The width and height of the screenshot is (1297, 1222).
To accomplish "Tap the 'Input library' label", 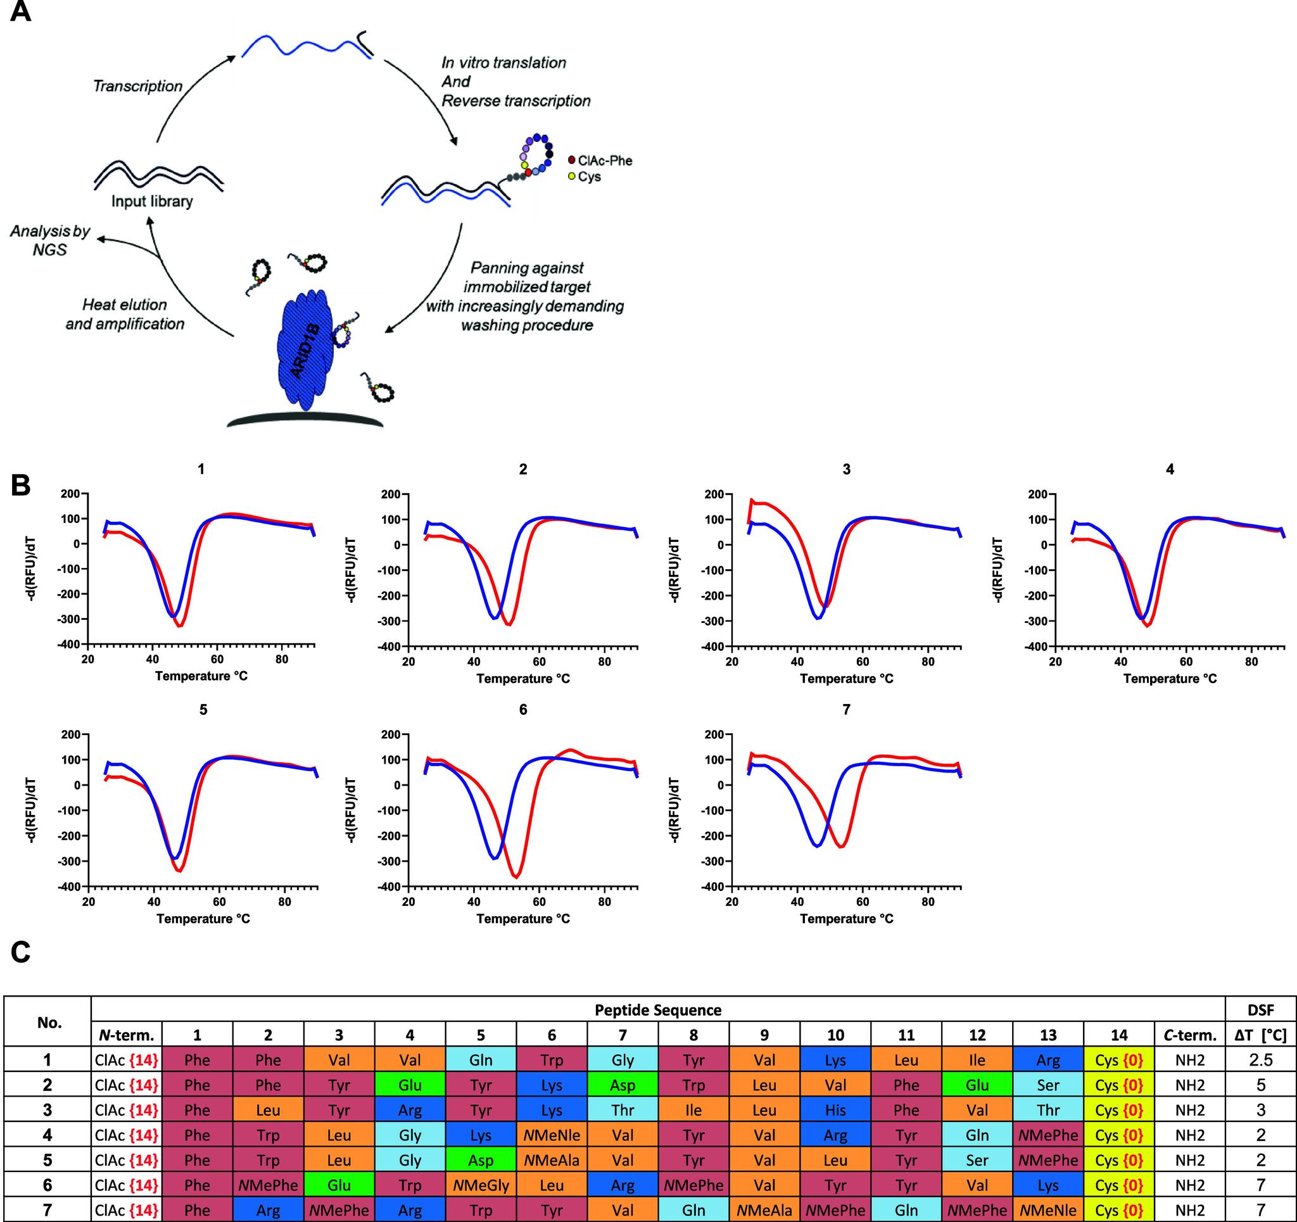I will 151,201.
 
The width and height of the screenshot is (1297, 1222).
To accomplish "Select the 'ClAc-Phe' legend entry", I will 604,160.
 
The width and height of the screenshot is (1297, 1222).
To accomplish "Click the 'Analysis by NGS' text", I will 49,240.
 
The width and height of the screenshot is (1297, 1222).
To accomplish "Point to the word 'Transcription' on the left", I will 137,86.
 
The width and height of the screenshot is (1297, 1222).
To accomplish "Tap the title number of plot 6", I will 522,710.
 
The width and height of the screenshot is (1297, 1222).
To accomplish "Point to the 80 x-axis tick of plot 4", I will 1251,662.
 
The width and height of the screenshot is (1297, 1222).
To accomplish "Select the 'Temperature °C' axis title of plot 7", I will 846,919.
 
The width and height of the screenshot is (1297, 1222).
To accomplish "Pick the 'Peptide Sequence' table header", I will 657,1011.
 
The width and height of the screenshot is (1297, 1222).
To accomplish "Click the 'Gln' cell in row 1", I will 481,1060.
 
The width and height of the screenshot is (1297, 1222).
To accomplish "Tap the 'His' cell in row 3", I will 835,1111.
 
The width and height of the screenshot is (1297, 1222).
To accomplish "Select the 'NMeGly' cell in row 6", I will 481,1185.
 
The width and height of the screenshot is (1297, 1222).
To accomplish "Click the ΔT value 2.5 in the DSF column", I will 1260,1060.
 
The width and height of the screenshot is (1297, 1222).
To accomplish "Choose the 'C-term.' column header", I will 1190,1035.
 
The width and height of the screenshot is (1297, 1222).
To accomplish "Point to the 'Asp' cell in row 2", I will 623,1086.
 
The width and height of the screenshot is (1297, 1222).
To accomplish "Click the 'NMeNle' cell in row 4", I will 552,1136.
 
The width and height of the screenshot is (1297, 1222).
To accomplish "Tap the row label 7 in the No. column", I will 47,1210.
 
